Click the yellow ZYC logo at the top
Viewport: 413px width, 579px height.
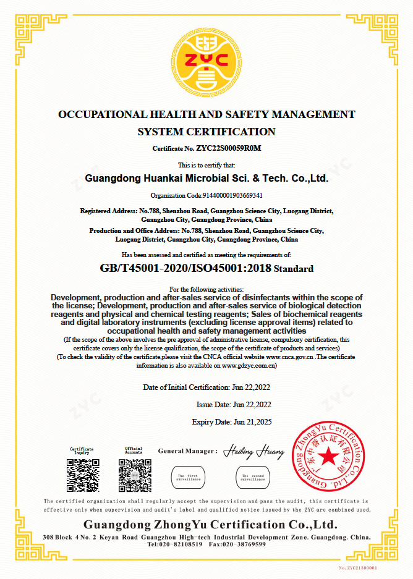point(206,61)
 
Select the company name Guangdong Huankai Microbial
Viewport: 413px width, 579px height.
point(206,179)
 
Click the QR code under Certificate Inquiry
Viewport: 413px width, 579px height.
point(82,475)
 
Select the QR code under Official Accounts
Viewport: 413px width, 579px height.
point(134,475)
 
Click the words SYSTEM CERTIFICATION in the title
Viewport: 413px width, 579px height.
point(206,132)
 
